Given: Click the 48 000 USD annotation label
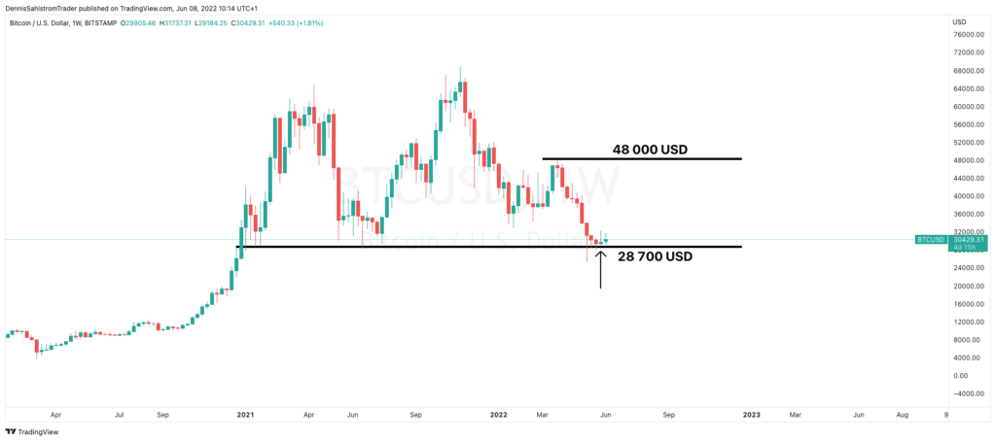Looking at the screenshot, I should coord(650,150).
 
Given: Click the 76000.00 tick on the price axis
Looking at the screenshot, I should coord(969,34).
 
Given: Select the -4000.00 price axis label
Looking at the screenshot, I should coord(969,393).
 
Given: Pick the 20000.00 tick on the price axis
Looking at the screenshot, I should coord(969,286).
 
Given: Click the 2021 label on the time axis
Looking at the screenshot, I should coord(245,414).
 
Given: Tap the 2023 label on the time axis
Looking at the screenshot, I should coord(752,414).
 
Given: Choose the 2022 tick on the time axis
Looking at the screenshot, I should coord(498,414).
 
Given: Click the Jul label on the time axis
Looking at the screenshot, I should coord(119,414).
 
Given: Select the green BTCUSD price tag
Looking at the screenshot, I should coord(930,239).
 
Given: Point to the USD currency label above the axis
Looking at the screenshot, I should coord(959,21).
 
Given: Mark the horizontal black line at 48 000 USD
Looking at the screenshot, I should coord(642,159).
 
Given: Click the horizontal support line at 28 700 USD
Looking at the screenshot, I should coord(486,247).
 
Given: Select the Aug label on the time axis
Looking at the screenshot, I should coord(903,414).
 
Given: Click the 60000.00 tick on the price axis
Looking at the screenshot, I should coord(969,106).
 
